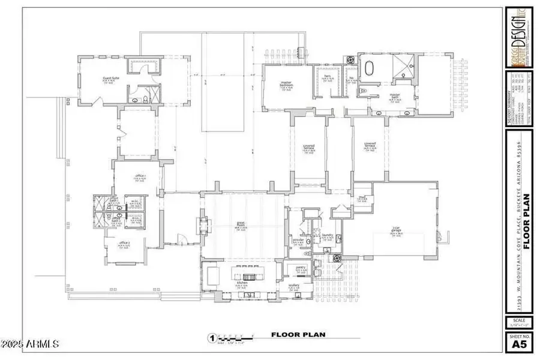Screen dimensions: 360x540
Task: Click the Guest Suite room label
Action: pos(109,79)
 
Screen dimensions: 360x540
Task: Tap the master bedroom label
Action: pos(286,85)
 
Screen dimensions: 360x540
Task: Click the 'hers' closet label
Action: pos(328,77)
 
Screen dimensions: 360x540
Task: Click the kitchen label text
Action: pos(242,282)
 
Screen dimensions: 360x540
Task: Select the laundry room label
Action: pos(327,235)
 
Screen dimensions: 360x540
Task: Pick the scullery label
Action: pos(294,286)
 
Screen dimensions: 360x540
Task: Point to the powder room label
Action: pos(298,239)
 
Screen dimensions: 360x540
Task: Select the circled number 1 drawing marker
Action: pos(211,338)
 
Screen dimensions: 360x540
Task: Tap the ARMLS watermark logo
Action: pos(30,344)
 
